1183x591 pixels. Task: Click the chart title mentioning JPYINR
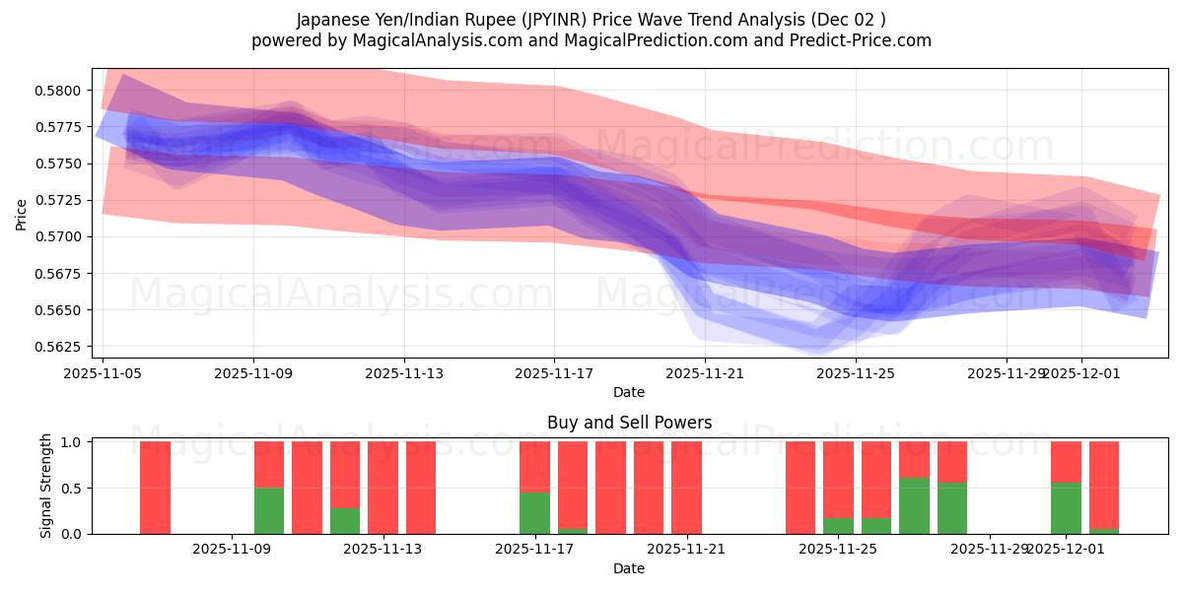click(591, 20)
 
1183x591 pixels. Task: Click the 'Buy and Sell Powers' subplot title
click(629, 423)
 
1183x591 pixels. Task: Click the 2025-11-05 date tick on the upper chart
click(103, 373)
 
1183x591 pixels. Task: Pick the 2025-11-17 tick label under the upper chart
click(554, 373)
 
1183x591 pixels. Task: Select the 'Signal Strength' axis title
click(46, 486)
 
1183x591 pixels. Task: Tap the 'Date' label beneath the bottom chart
click(629, 568)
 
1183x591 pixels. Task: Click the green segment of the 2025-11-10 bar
click(269, 510)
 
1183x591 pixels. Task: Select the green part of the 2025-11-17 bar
click(534, 512)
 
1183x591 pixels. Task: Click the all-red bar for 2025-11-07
click(156, 488)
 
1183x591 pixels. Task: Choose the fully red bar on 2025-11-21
click(686, 488)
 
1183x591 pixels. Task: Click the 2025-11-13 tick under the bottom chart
click(382, 549)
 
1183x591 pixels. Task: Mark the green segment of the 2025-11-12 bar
click(345, 520)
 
